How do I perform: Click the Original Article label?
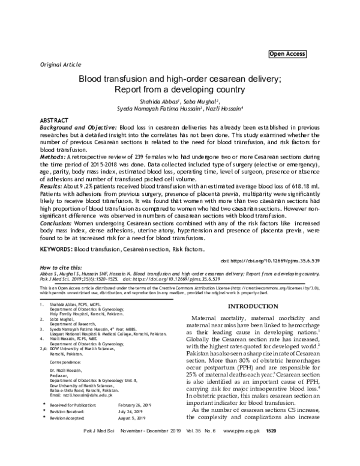[59, 63]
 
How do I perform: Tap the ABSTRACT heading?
[54, 121]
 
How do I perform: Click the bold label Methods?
[53, 156]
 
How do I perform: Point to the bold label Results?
[52, 187]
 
